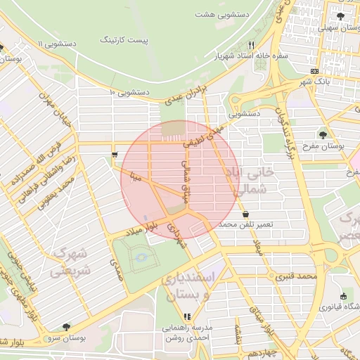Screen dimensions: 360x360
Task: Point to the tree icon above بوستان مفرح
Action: [x=323, y=134]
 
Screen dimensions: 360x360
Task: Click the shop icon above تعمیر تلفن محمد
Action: [x=245, y=213]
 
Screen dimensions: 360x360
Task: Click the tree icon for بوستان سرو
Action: [x=66, y=327]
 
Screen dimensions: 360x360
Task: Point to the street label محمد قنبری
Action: [x=298, y=276]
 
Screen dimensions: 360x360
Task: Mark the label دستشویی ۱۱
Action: [x=63, y=44]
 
